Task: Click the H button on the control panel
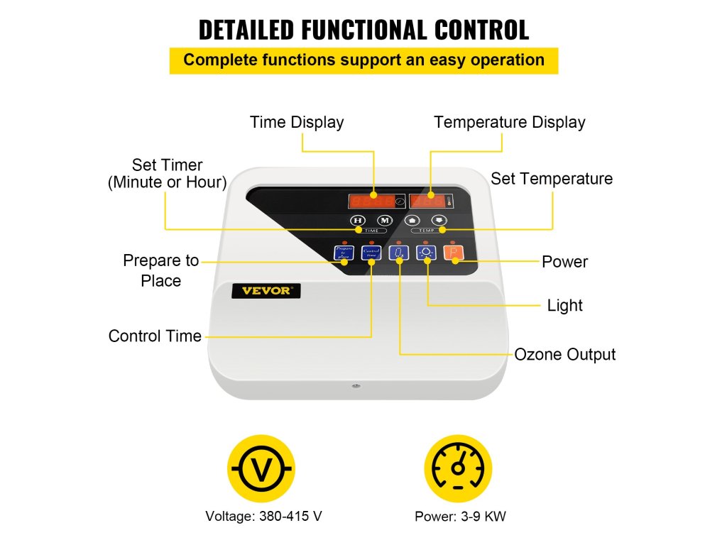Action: point(357,220)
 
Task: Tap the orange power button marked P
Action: point(452,252)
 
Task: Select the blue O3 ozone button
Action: point(398,252)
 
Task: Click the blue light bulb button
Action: point(425,252)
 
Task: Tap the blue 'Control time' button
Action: point(371,252)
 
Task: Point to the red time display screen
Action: point(372,200)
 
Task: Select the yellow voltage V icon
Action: point(261,469)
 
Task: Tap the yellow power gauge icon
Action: point(458,469)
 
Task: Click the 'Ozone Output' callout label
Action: point(564,354)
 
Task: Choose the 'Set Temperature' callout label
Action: point(552,178)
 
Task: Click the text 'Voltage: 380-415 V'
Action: point(258,516)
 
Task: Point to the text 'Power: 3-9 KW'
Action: point(460,516)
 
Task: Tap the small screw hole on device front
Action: point(355,386)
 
